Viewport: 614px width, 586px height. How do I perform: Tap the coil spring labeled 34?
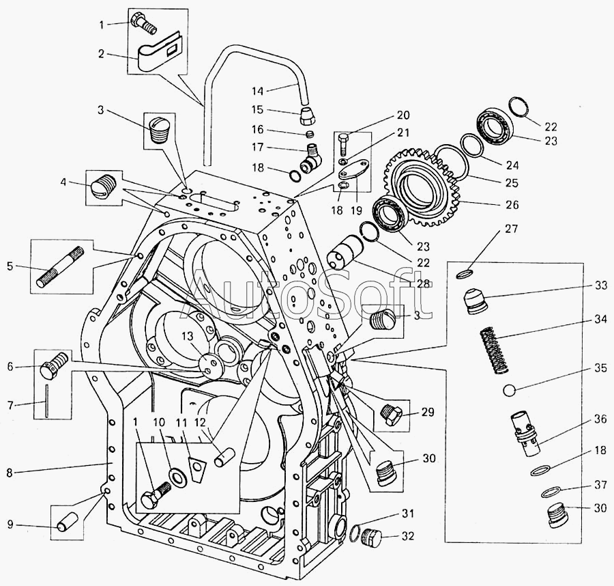[494, 350]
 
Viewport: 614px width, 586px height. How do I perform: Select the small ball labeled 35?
[510, 391]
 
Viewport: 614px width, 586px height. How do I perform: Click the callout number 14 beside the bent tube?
[257, 92]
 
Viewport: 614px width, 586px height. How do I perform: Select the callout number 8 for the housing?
[10, 473]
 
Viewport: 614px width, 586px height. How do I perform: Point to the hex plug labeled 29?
[390, 415]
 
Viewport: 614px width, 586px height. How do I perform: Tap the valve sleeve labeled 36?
[525, 434]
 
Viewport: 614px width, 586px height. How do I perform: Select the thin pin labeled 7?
[46, 400]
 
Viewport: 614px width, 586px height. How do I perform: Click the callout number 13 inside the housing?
[188, 336]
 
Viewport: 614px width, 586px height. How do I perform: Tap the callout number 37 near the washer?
[600, 485]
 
